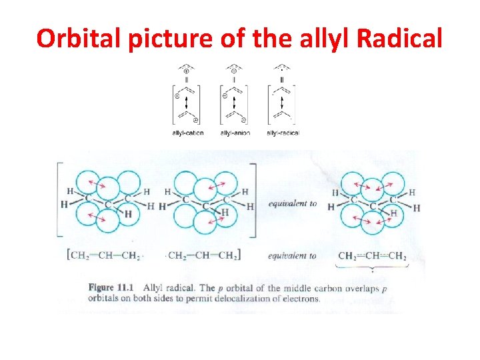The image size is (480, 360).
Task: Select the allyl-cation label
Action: pyautogui.click(x=187, y=133)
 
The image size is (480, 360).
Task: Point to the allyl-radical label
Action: pyautogui.click(x=283, y=133)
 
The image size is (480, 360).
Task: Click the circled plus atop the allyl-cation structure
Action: pyautogui.click(x=187, y=71)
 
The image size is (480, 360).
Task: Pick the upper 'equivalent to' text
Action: pyautogui.click(x=292, y=203)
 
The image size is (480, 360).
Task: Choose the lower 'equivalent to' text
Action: pyautogui.click(x=292, y=255)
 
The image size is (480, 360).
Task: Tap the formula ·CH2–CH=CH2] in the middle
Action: pyautogui.click(x=204, y=255)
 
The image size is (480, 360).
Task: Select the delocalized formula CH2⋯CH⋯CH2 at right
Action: pyautogui.click(x=372, y=255)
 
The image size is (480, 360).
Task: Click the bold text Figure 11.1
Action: pyautogui.click(x=111, y=288)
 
